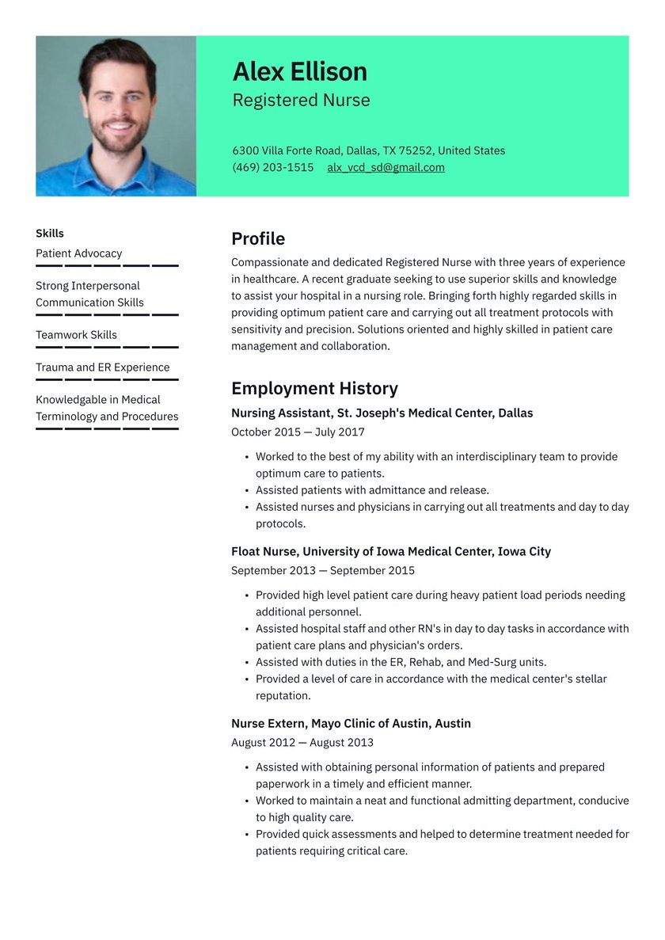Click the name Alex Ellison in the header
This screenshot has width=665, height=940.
point(299,72)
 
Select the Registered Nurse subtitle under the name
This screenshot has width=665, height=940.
point(301,101)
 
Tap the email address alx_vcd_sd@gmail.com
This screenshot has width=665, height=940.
point(386,167)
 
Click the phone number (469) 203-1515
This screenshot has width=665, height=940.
point(272,167)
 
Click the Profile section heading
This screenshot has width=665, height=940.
point(257,238)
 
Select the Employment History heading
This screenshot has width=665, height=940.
point(314,388)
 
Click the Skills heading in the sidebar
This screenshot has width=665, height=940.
point(49,233)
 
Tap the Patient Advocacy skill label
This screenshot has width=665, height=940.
point(78,253)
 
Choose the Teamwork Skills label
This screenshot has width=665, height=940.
point(76,335)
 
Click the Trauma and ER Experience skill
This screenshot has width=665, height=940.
point(102,367)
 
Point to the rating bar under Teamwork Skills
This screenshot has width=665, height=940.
point(107,347)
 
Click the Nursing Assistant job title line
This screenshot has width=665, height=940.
point(382,413)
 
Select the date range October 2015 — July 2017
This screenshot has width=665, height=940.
point(298,432)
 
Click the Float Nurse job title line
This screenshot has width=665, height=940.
point(390,551)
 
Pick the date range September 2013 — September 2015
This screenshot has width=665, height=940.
point(322,571)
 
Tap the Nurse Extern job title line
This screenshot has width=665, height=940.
point(351,723)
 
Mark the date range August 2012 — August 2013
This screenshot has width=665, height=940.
point(302,743)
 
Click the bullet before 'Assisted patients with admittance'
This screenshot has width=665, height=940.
point(246,491)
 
